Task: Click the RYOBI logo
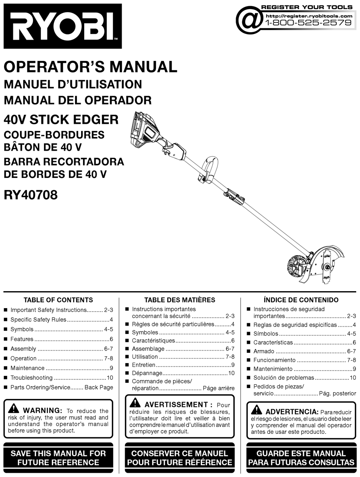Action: pyautogui.click(x=63, y=26)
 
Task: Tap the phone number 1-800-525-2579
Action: pyautogui.click(x=309, y=23)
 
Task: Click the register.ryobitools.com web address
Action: pyautogui.click(x=309, y=16)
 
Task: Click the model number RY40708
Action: pyautogui.click(x=31, y=195)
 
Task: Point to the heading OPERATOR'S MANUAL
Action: pyautogui.click(x=90, y=67)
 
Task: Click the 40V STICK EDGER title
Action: pyautogui.click(x=61, y=120)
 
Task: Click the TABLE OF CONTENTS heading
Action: pyautogui.click(x=58, y=300)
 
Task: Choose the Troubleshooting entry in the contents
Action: pyautogui.click(x=31, y=377)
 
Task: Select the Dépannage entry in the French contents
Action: pyautogui.click(x=144, y=373)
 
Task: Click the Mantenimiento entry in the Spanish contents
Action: pyautogui.click(x=273, y=369)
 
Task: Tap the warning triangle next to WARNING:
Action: pyautogui.click(x=14, y=409)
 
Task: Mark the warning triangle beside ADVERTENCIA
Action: pyautogui.click(x=257, y=410)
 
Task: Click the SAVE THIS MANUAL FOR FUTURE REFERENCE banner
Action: pyautogui.click(x=58, y=458)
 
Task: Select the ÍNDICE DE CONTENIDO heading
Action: pyautogui.click(x=301, y=300)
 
